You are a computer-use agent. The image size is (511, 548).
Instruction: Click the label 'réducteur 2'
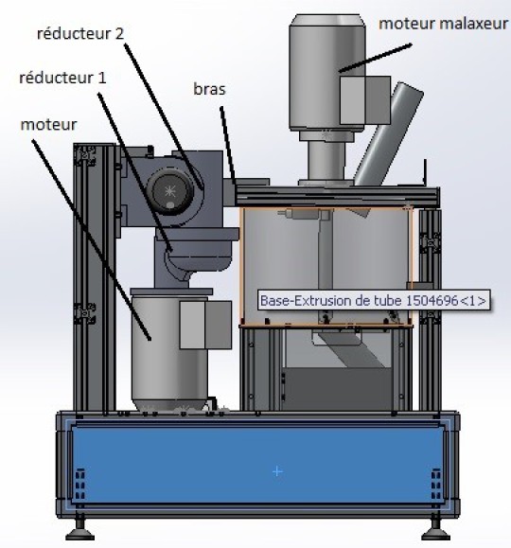80,34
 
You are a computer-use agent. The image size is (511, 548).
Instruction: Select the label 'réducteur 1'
62,78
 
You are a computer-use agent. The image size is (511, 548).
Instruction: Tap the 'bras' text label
209,89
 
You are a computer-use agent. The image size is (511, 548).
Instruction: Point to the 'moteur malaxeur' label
443,24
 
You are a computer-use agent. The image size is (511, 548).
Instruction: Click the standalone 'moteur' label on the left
48,125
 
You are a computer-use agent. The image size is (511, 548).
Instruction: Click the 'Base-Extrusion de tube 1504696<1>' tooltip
374,300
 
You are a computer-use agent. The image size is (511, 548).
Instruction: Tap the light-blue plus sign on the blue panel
277,472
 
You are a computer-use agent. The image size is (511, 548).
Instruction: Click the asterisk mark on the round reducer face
170,191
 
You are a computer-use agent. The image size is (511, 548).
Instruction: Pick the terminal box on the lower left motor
205,325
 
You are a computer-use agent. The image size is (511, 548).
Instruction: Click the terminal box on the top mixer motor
365,100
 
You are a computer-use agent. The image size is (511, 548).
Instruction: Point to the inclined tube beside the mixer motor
388,134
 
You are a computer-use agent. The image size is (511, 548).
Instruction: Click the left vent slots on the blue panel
80,485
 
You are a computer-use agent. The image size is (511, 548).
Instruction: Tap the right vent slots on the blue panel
436,485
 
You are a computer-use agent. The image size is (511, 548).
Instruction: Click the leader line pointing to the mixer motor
375,58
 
